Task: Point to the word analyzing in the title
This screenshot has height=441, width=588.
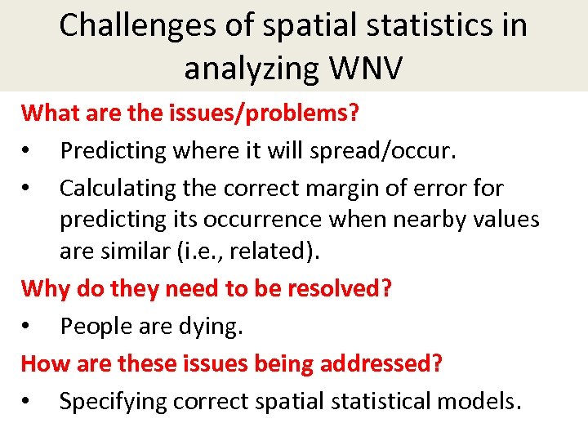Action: tap(246, 70)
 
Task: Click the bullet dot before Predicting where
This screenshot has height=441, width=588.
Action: tap(28, 151)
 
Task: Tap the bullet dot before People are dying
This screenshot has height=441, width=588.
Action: tap(28, 326)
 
